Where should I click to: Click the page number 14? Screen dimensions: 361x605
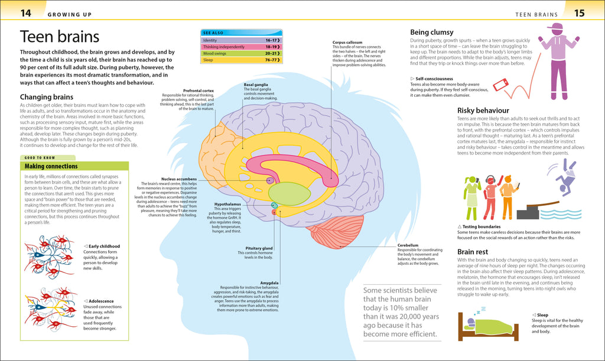(26, 12)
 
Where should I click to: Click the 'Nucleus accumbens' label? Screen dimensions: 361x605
(178, 179)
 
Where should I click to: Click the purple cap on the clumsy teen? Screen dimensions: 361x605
(555, 28)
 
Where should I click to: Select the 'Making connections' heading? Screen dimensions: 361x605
(50, 166)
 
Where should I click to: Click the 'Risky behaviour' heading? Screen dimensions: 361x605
(483, 110)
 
